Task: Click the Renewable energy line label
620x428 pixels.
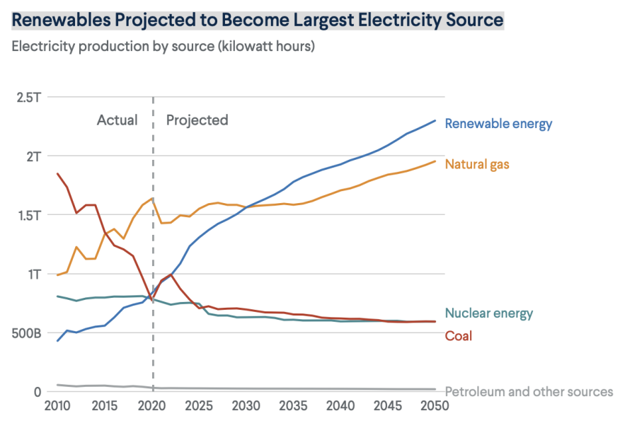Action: (x=498, y=124)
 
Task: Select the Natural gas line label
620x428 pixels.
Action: (x=477, y=164)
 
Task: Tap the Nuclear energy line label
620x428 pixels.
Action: (x=488, y=313)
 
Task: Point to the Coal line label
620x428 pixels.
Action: (x=458, y=336)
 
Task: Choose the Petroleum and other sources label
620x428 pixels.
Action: (x=529, y=391)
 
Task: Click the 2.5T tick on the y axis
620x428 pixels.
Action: (x=28, y=97)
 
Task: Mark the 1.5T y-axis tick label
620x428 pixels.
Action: (x=28, y=214)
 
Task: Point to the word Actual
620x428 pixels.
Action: (x=117, y=120)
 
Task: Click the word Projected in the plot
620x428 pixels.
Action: (x=197, y=120)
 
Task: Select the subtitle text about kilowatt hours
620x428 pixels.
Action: (x=163, y=47)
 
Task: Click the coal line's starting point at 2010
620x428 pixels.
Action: (x=58, y=173)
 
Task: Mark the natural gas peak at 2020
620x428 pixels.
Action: (x=152, y=199)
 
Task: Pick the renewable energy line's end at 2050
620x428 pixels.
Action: (x=435, y=120)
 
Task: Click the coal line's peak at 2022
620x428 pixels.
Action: (x=171, y=274)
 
